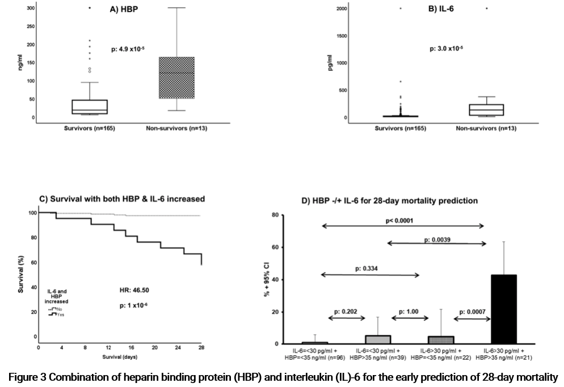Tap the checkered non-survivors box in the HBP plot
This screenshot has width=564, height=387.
pyautogui.click(x=177, y=78)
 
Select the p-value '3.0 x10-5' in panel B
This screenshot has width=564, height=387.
pyautogui.click(x=447, y=49)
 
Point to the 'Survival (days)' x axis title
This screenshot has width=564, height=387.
pyautogui.click(x=120, y=357)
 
